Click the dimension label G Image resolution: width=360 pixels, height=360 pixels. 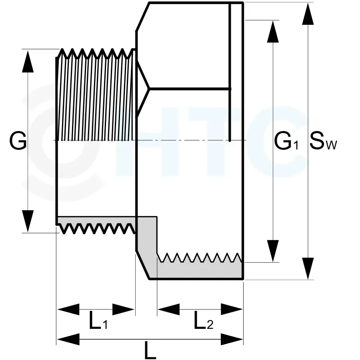18,141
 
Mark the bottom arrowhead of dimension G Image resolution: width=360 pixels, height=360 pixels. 28,221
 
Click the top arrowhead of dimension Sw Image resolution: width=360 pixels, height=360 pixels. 308,14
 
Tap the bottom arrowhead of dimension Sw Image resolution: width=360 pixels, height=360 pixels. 308,268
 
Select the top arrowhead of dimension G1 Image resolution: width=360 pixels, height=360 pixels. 273,31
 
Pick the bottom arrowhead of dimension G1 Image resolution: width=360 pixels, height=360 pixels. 273,251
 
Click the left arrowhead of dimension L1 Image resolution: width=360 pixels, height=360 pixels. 68,309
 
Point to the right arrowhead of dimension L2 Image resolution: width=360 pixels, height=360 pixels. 232,309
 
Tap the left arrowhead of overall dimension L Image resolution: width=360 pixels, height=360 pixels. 68,340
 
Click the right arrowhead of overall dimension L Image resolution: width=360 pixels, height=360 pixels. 232,340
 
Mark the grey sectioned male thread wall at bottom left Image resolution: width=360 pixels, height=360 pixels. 96,221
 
